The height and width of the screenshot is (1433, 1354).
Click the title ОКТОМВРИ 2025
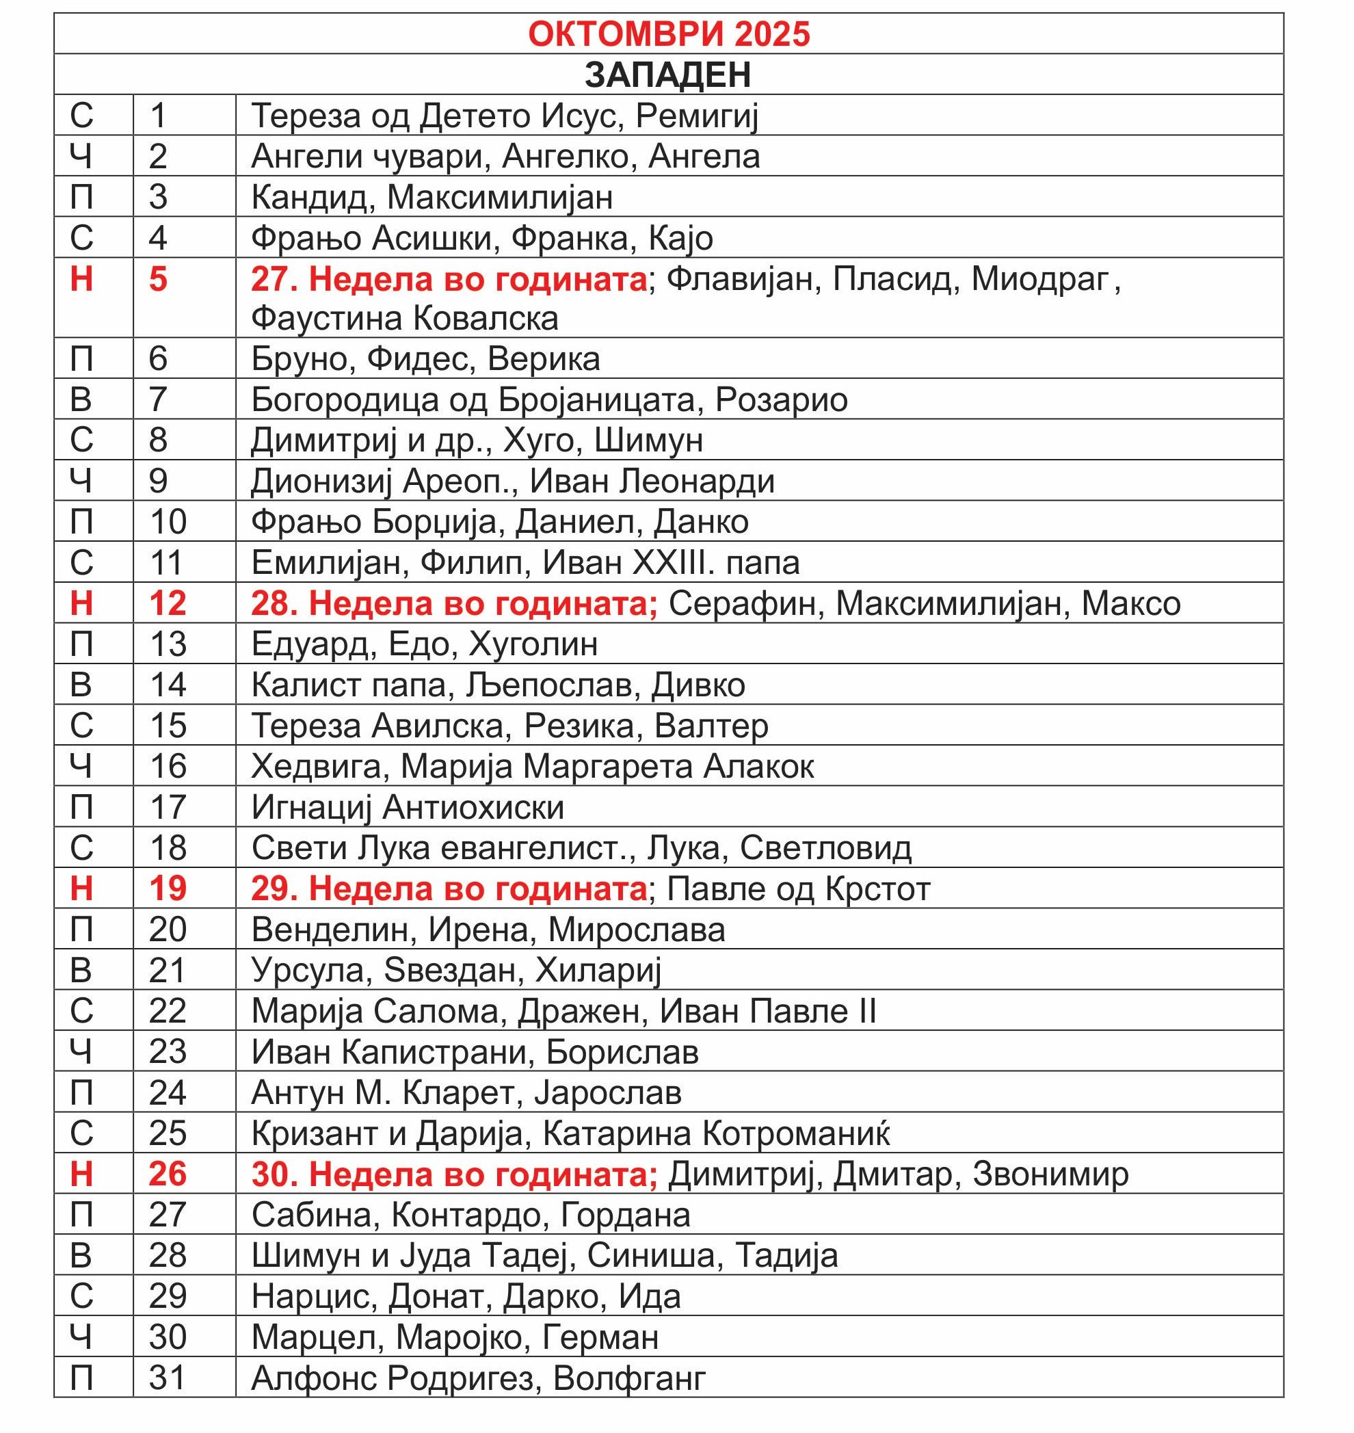(x=669, y=34)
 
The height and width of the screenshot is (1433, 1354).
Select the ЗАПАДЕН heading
(x=667, y=75)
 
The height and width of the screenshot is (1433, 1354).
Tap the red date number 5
(x=158, y=279)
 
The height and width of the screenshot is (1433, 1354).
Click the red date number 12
(x=168, y=603)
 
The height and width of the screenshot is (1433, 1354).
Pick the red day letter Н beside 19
(x=81, y=888)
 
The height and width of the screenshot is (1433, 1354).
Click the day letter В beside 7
(x=81, y=399)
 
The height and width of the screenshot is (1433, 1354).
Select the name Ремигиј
(x=696, y=116)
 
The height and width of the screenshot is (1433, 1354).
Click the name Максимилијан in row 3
(x=500, y=197)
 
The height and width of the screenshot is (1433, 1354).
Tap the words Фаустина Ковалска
(x=405, y=318)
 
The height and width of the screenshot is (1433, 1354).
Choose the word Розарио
(x=781, y=399)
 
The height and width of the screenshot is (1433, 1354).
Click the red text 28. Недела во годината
(x=454, y=603)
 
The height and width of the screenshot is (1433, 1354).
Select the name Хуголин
(x=533, y=644)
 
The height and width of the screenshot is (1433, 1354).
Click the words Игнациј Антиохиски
(x=408, y=806)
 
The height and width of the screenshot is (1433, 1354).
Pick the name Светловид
(x=825, y=847)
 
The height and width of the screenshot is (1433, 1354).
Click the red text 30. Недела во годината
(x=454, y=1174)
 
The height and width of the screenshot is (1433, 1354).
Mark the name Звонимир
(x=1050, y=1174)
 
